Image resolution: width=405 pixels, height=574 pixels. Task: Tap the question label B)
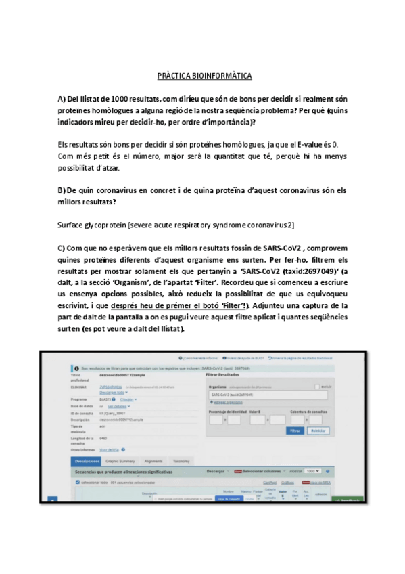(62, 190)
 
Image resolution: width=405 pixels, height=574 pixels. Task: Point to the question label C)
(62, 248)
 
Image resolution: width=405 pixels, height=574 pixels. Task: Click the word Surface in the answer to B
(70, 224)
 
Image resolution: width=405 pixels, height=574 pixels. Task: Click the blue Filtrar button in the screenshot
(295, 430)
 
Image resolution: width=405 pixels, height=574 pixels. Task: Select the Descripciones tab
(87, 460)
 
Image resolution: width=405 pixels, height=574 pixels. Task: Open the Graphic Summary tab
(120, 460)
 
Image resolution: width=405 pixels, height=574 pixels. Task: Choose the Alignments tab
(153, 460)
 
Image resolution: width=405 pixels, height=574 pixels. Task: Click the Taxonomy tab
(181, 460)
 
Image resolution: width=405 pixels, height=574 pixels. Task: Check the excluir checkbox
(317, 386)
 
